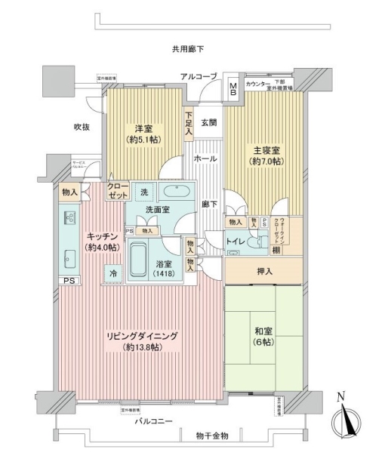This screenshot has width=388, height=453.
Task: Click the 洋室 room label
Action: coord(144,129)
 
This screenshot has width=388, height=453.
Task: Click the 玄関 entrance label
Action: coord(209,122)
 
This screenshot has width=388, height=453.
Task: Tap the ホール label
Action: coord(206,159)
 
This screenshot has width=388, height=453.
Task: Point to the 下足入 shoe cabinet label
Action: coord(189,125)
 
